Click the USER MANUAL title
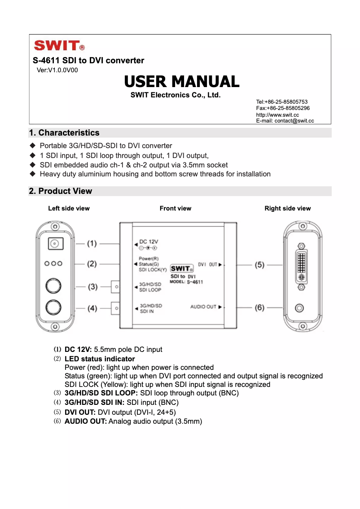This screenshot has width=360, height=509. tap(181, 82)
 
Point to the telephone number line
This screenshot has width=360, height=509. tap(281, 102)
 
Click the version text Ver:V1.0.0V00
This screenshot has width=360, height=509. tap(57, 70)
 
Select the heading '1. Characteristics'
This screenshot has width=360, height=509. tap(64, 133)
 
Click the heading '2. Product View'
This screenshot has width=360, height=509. tap(61, 191)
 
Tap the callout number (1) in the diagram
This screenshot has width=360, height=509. tap(92, 244)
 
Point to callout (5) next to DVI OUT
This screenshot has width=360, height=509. tap(259, 265)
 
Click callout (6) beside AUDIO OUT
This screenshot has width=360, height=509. tap(259, 307)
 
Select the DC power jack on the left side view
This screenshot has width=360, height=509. tap(55, 244)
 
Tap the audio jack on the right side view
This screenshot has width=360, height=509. tap(299, 308)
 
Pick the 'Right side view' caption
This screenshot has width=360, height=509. tap(287, 208)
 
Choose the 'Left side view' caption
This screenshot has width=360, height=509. tap(69, 208)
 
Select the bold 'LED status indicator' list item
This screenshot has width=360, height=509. tap(100, 359)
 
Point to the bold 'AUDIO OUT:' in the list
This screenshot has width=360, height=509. tap(86, 421)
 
